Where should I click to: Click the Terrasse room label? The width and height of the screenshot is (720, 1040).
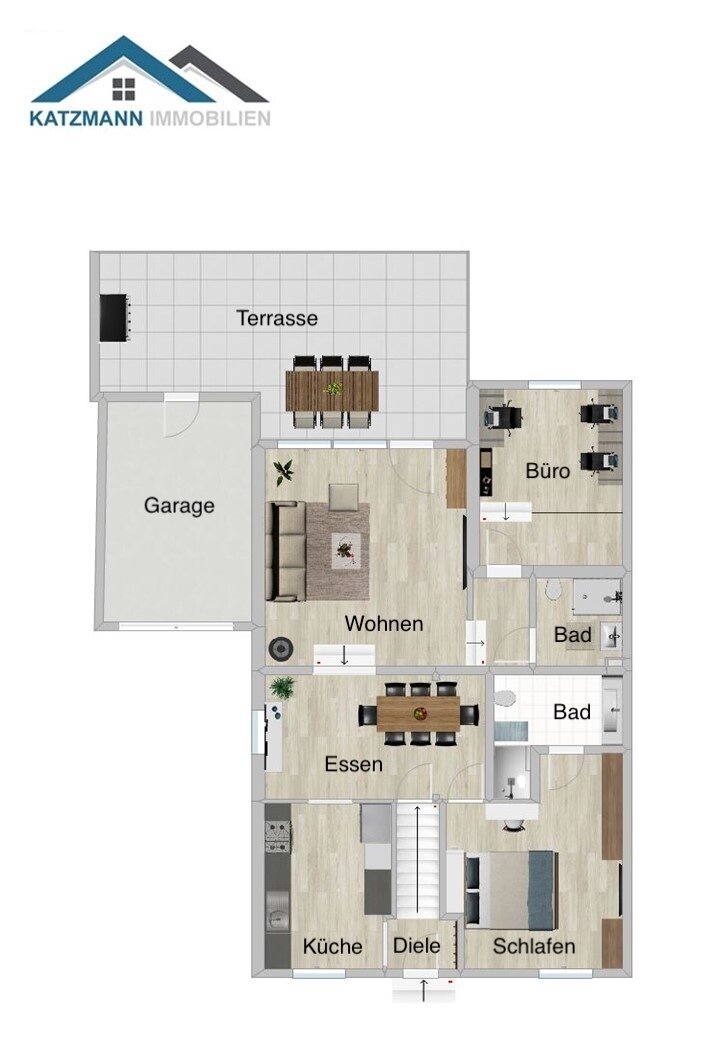click(277, 319)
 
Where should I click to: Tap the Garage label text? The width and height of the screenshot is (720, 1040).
click(179, 506)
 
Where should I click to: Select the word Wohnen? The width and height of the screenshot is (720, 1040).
click(384, 624)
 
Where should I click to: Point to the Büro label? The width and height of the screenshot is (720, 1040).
click(548, 470)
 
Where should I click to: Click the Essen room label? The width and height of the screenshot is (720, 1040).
click(353, 765)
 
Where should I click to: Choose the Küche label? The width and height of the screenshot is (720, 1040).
click(332, 946)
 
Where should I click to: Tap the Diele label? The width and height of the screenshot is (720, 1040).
click(416, 946)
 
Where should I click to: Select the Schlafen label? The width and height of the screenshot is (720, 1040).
click(534, 946)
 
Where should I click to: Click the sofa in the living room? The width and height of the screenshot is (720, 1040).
click(286, 551)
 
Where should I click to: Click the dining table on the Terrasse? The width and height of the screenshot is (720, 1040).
click(332, 391)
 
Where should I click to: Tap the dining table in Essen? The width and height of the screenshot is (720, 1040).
click(418, 713)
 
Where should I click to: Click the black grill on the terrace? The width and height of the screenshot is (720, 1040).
click(114, 318)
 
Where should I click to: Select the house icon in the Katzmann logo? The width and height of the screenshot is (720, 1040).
click(124, 88)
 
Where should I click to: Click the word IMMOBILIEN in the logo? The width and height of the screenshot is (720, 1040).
click(209, 119)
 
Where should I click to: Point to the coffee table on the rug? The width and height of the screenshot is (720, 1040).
click(346, 548)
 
